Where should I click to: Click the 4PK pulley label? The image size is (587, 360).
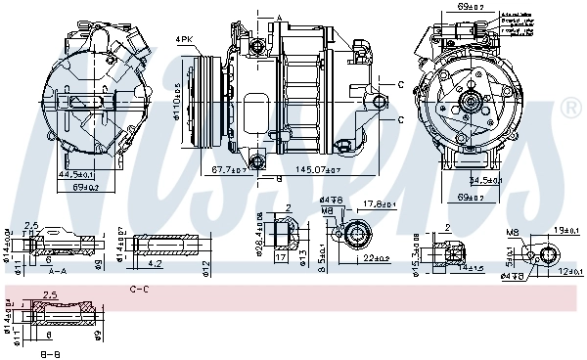[x=184, y=39]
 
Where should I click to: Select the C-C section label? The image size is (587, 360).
[x=139, y=290]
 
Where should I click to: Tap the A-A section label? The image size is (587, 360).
[x=57, y=271]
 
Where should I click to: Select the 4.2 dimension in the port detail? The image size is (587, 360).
[x=158, y=264]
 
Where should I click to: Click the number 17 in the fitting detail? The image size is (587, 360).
[x=280, y=259]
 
